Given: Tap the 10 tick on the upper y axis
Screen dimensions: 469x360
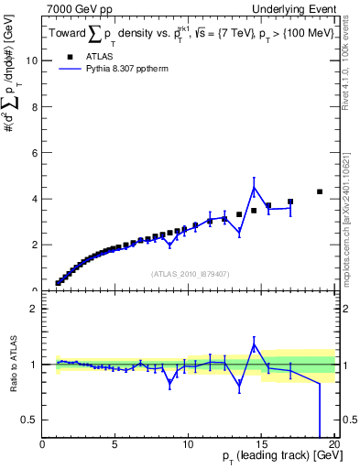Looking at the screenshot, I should click(x=33, y=60).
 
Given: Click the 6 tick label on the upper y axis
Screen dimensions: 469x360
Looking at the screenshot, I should click(x=36, y=153).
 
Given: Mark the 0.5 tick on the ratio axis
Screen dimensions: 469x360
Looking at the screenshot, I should click(x=30, y=420).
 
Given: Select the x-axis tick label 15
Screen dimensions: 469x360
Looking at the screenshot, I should click(x=261, y=446).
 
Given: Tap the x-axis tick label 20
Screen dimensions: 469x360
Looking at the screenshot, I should click(x=333, y=446).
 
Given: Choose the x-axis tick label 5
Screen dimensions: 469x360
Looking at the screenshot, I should click(x=115, y=446).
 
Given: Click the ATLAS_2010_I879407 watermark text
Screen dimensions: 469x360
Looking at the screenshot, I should click(x=189, y=273).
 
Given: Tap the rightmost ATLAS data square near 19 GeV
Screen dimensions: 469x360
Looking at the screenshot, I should click(x=320, y=191).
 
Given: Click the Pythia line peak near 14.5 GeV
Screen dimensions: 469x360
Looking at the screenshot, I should click(x=254, y=188).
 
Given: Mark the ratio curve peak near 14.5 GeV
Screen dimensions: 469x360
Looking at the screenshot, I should click(x=254, y=344).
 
